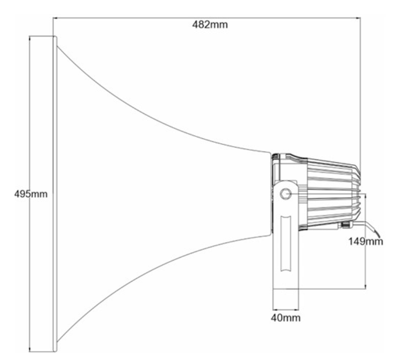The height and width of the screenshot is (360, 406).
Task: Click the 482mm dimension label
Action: coord(210,25)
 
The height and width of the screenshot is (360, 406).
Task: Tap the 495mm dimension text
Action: coord(31,194)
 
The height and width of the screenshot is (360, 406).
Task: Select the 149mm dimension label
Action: coord(365,242)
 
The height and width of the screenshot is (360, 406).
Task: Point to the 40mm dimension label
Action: coord(286,318)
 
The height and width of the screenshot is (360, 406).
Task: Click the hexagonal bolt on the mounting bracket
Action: coord(286,194)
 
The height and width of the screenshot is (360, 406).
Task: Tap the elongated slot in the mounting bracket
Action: coord(286,244)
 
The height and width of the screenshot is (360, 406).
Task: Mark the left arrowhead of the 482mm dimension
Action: coord(55,18)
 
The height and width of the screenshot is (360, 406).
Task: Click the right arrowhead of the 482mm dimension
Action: coord(358,18)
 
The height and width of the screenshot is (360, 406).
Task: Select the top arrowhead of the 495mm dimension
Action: coord(30,38)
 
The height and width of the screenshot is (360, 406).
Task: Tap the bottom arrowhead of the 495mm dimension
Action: coord(30,349)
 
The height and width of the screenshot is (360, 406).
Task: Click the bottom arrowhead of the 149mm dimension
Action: coord(365,286)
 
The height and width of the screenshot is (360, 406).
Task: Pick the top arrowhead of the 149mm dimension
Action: coord(365,196)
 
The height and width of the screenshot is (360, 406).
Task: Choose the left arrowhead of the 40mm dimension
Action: coord(275,309)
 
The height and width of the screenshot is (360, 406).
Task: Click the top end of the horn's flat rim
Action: coord(55,37)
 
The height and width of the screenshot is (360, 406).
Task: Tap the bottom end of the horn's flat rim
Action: coord(55,351)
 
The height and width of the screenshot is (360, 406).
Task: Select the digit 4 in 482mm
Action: coord(195,25)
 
